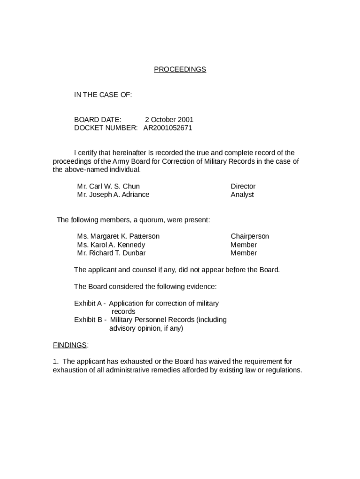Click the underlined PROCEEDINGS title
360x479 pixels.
coord(180,69)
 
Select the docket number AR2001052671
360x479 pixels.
coord(167,128)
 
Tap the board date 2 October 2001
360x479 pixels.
coord(169,119)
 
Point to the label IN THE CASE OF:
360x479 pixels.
coord(103,94)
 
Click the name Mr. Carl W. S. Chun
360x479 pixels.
coord(108,186)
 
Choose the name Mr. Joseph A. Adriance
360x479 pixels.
coord(113,195)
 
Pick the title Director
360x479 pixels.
coord(243,186)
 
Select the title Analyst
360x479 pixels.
coord(242,195)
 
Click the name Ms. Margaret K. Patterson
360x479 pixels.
coord(118,236)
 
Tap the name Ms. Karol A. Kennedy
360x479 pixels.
coord(111,245)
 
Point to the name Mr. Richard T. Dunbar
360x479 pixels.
coord(111,253)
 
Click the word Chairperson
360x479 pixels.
coord(250,236)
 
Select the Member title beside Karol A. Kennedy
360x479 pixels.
coord(244,245)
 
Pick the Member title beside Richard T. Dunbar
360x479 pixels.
coord(244,253)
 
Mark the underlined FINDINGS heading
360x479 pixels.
coord(70,345)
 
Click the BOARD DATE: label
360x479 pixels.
coord(97,119)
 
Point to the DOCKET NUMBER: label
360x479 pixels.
coord(106,128)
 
